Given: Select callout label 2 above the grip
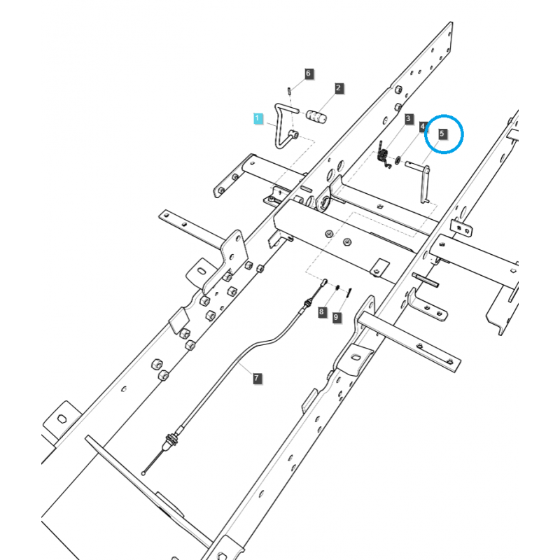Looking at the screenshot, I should pyautogui.click(x=339, y=88).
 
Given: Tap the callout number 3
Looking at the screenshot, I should pyautogui.click(x=408, y=120).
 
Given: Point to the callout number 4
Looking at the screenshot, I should pyautogui.click(x=423, y=127).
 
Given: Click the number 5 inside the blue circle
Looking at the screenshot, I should pyautogui.click(x=442, y=132).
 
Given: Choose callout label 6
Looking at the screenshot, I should pyautogui.click(x=308, y=73).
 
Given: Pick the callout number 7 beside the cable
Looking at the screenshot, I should pyautogui.click(x=256, y=379).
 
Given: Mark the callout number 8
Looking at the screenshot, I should pyautogui.click(x=322, y=311).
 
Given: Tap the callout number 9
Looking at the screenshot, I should pyautogui.click(x=336, y=317).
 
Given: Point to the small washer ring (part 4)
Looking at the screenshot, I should pyautogui.click(x=398, y=161).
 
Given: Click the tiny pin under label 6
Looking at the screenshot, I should pyautogui.click(x=290, y=89).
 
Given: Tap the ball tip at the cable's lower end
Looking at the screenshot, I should pyautogui.click(x=143, y=473).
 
